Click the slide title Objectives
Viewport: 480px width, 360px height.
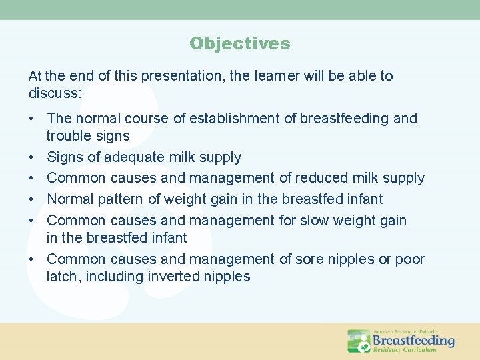(x=239, y=44)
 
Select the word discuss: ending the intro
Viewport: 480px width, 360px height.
(x=55, y=93)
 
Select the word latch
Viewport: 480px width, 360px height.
(x=61, y=277)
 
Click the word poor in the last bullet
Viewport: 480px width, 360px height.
(x=410, y=259)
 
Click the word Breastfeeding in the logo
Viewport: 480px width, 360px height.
(x=413, y=340)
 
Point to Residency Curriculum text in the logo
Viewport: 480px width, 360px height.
(x=405, y=350)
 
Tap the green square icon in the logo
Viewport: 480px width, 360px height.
(x=359, y=341)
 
